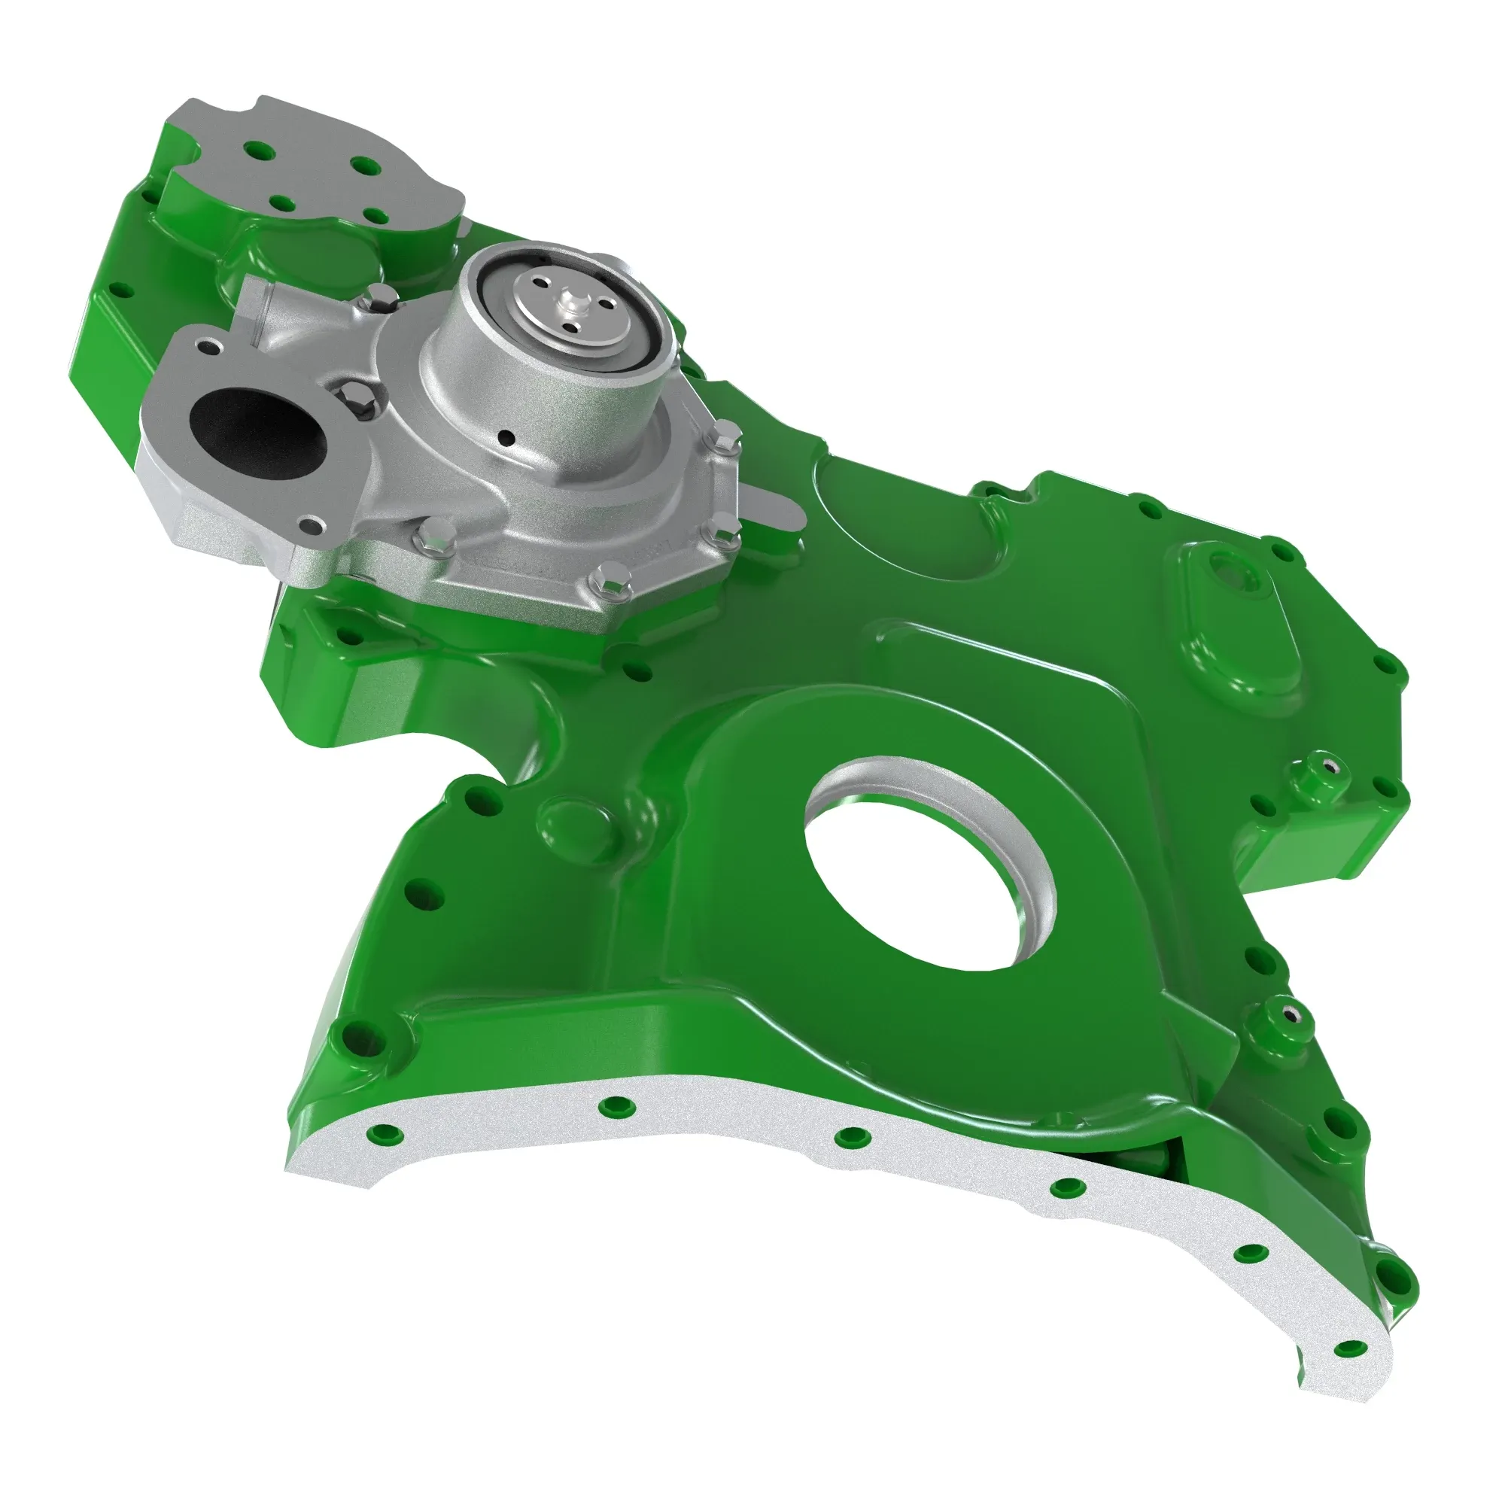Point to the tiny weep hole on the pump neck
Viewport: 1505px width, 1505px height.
[507, 436]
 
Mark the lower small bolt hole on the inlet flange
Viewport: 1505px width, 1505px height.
[314, 524]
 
